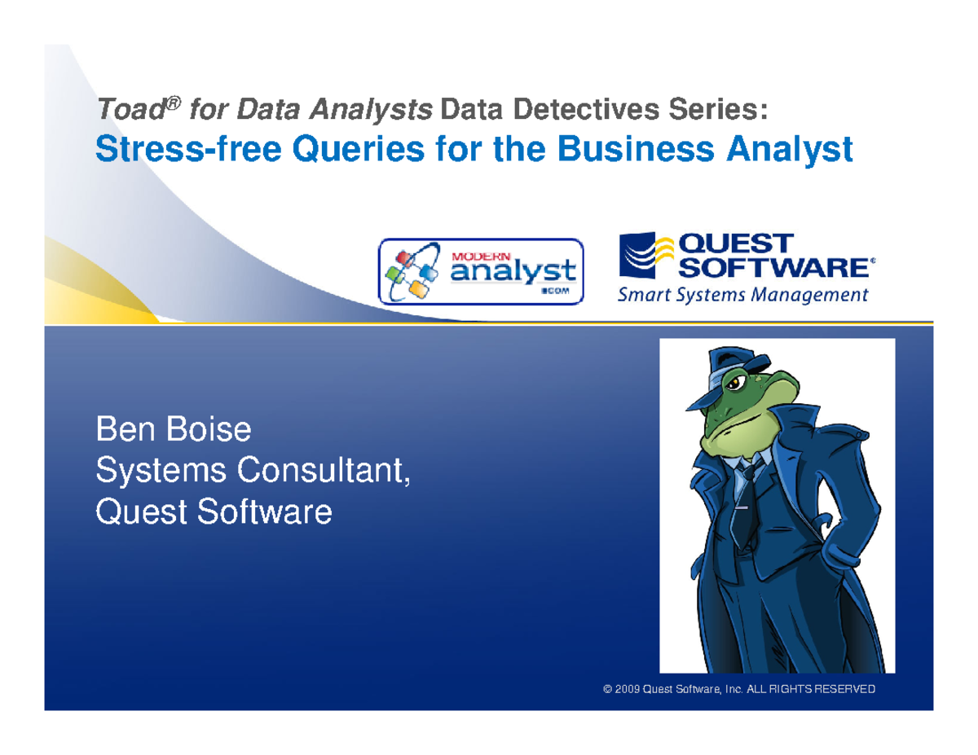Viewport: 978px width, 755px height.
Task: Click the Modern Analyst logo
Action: click(482, 271)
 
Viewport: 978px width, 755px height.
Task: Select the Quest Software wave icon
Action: click(647, 255)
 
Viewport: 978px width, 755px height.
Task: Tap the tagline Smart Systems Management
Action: click(742, 295)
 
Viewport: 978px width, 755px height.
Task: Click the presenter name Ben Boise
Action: click(173, 429)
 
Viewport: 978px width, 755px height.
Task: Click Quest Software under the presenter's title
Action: click(214, 512)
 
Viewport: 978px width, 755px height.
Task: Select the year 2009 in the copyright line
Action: click(628, 690)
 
